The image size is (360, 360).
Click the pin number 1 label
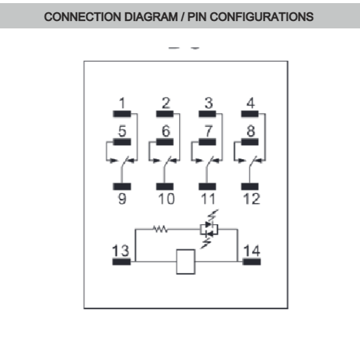[x=122, y=103]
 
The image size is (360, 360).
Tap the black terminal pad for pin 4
[x=250, y=114]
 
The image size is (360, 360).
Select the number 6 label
[x=165, y=131]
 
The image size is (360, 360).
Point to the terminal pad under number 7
[x=207, y=142]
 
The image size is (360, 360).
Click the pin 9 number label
[x=122, y=199]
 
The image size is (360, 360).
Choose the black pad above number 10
[x=165, y=186]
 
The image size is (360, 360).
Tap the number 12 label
[x=252, y=199]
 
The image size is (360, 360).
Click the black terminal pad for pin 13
[x=122, y=262]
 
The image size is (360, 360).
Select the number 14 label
[x=252, y=251]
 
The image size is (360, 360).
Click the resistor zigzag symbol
[x=161, y=229]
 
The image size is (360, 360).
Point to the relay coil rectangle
[x=186, y=262]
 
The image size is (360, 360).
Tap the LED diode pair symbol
[x=209, y=229]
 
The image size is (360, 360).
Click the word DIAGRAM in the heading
[x=151, y=17]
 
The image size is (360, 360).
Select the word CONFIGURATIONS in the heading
[x=261, y=17]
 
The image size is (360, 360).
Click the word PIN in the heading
[x=197, y=17]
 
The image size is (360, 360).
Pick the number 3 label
[x=209, y=103]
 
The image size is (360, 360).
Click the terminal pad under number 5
[x=122, y=142]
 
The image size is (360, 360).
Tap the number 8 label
[x=251, y=131]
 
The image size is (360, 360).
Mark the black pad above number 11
[x=207, y=186]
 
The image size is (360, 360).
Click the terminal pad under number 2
[x=165, y=114]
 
